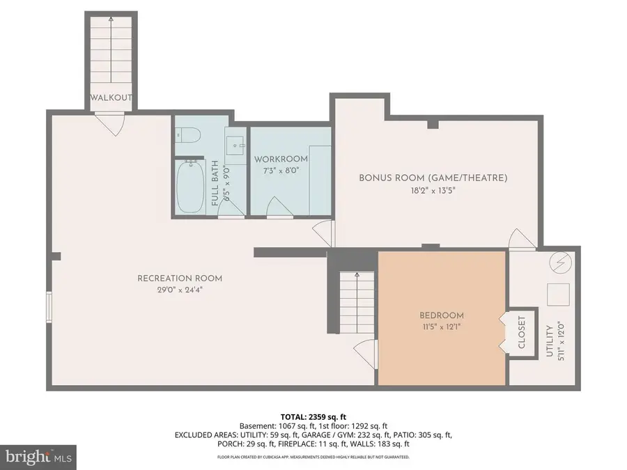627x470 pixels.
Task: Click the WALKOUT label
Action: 111,97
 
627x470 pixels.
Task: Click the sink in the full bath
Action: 237,144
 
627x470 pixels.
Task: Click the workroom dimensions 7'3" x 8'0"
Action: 277,171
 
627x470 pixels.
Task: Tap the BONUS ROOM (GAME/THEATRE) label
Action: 433,178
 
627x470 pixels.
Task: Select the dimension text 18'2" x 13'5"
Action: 433,189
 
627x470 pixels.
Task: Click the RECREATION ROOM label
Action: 180,279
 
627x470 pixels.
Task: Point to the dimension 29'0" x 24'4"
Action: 180,290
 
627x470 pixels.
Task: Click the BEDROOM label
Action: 442,315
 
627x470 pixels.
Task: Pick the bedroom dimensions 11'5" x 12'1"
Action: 442,327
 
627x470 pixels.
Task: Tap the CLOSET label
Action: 522,333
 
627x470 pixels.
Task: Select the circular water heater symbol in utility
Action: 561,263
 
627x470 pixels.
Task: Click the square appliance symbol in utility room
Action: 559,295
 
